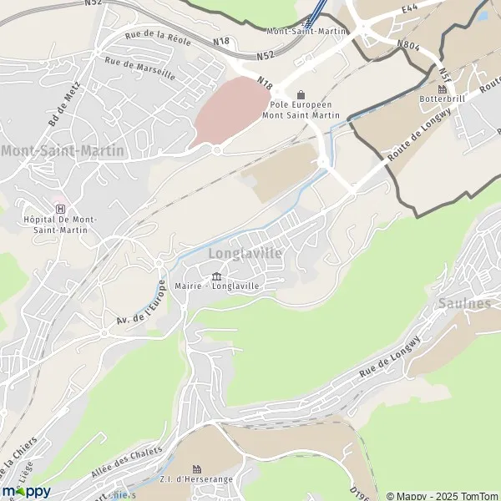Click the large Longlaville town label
pyautogui.click(x=245, y=253)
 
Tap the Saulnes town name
pyautogui.click(x=463, y=304)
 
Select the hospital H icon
pyautogui.click(x=59, y=209)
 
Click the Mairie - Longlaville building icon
pyautogui.click(x=216, y=276)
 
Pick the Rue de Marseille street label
pyautogui.click(x=139, y=68)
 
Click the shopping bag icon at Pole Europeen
pyautogui.click(x=301, y=94)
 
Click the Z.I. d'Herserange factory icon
pyautogui.click(x=198, y=469)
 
